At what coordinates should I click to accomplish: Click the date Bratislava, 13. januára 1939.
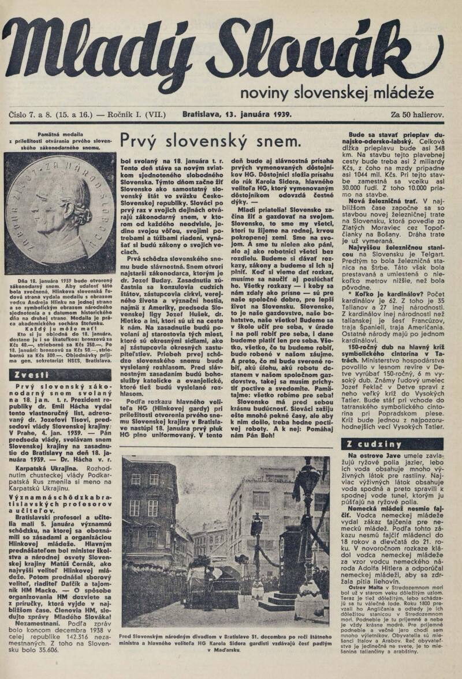[x=237, y=114]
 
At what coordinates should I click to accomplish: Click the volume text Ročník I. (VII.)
[x=135, y=114]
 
